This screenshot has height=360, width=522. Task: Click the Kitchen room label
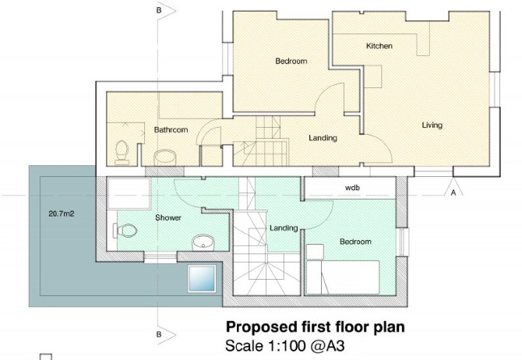coord(379,46)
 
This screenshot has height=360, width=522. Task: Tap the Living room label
coord(432,125)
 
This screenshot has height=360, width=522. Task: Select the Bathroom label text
coord(171,129)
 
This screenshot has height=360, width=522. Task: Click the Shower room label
coord(168,218)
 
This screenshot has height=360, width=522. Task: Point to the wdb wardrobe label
coord(352,188)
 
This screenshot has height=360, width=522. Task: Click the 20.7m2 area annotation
coord(62,214)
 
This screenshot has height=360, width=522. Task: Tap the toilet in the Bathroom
coord(122,153)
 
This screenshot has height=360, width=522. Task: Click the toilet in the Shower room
coord(125,230)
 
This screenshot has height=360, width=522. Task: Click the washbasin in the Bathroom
coord(164,157)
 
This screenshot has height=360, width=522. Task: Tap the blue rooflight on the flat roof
coord(202,278)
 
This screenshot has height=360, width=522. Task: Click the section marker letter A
coord(453,192)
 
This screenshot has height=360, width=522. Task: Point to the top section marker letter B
coord(159,10)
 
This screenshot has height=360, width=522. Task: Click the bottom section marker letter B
coord(159,334)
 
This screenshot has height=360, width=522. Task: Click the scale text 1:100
coord(284,346)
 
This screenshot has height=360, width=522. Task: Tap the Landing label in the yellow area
coord(323,138)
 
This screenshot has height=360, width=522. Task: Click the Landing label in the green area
coord(284,228)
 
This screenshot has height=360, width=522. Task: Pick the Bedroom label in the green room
coord(355,242)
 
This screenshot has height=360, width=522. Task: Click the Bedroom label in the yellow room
coord(291,61)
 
